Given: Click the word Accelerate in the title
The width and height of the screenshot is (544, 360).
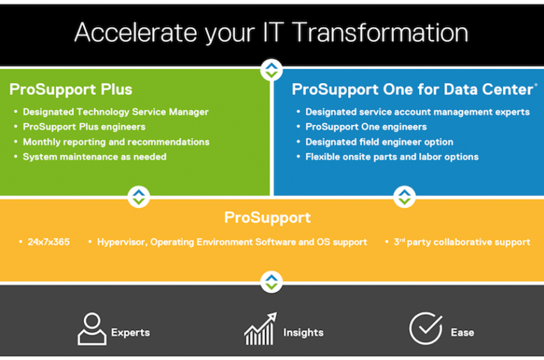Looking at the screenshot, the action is click(x=136, y=33).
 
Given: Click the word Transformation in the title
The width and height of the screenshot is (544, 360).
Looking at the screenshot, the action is click(x=381, y=33).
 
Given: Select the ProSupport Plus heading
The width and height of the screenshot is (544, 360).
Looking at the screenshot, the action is click(x=70, y=89).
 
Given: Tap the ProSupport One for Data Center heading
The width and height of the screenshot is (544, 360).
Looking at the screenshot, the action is click(x=412, y=89).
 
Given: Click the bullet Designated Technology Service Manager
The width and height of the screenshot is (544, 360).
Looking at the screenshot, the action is click(x=116, y=112).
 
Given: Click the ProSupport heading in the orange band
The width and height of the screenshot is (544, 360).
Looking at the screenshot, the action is click(x=268, y=218).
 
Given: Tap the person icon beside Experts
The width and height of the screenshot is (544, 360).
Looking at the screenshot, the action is click(x=92, y=329).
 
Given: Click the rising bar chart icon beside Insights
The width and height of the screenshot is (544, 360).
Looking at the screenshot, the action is click(x=260, y=329).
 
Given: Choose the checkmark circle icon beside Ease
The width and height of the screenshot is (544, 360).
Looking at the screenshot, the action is click(x=425, y=329).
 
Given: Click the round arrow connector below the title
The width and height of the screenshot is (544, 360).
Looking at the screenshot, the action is click(x=271, y=70).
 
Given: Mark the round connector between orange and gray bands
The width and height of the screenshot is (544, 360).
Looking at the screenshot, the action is click(x=271, y=282).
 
